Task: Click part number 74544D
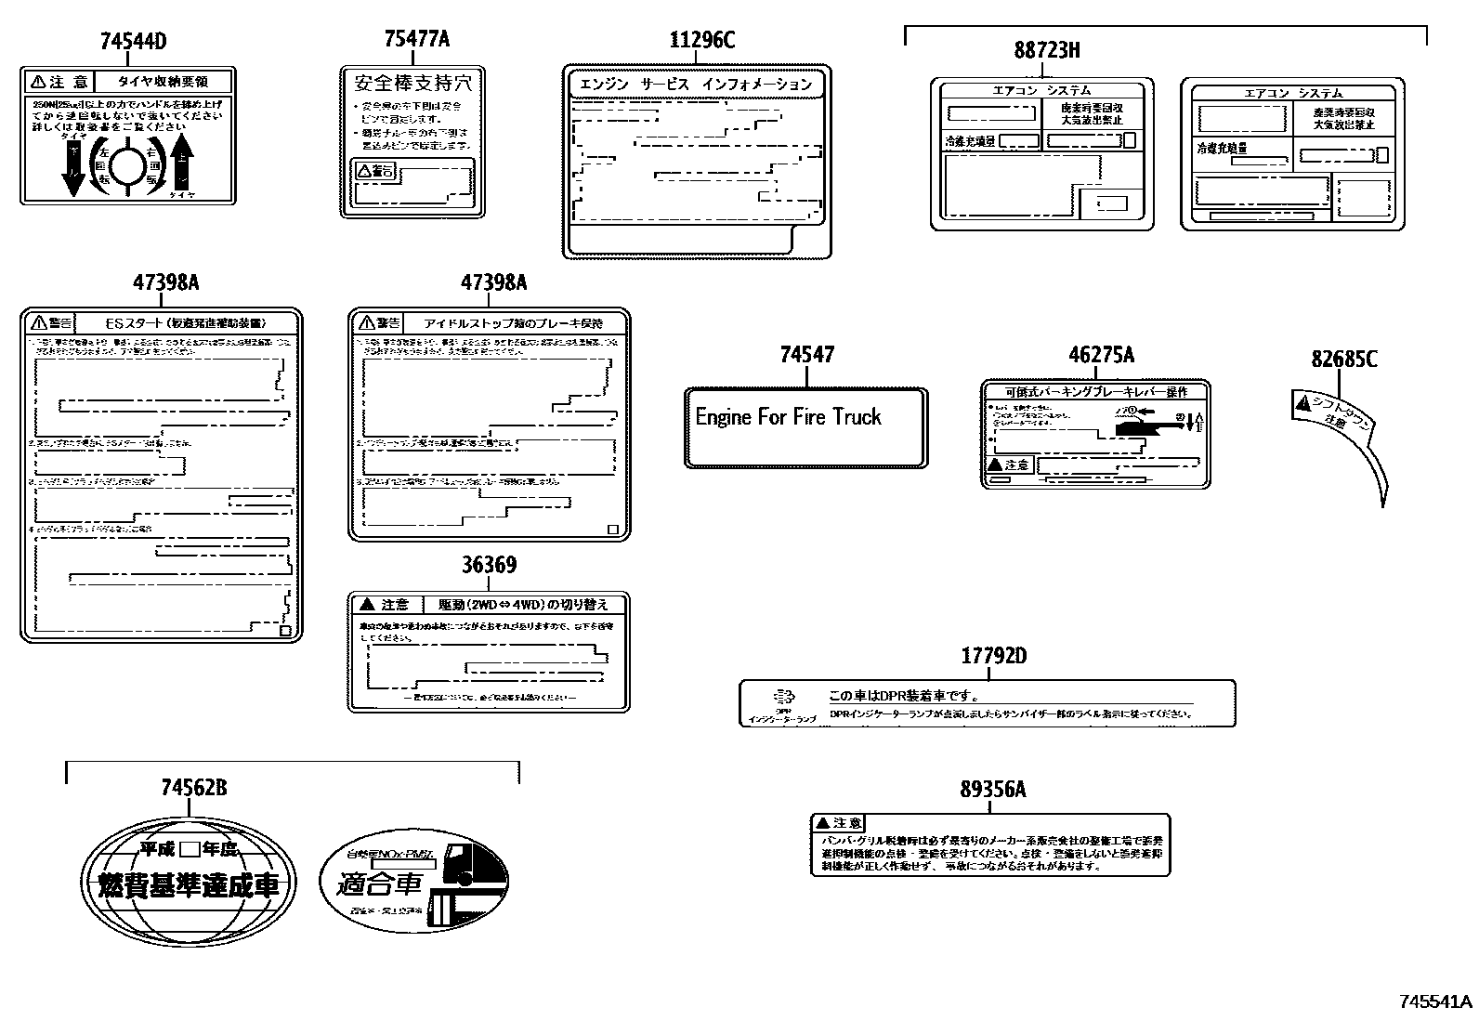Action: click(134, 41)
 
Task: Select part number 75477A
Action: click(416, 39)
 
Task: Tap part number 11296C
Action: click(701, 39)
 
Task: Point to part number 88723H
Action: click(1047, 50)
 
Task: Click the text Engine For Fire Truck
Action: click(788, 417)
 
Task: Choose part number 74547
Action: click(806, 355)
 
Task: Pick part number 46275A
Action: click(1101, 355)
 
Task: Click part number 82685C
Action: click(1343, 359)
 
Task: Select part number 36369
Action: click(489, 565)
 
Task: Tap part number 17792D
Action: click(993, 656)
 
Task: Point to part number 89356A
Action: click(992, 790)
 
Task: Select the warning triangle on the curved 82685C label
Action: click(1302, 403)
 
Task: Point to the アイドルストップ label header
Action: click(513, 323)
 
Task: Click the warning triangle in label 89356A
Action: click(821, 823)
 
